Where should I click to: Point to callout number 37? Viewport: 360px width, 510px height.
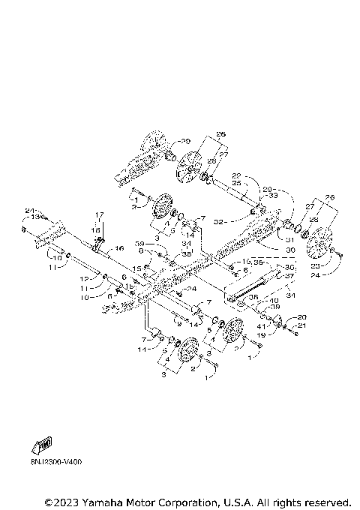click(287, 274)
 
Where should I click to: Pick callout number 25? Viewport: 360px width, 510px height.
click(235, 182)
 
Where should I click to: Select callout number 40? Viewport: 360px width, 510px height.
click(274, 301)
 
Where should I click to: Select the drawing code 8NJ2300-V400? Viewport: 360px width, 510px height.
click(56, 462)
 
